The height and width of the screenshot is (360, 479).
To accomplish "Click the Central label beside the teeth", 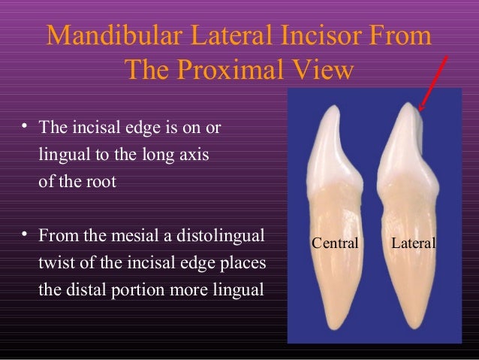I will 336,243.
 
